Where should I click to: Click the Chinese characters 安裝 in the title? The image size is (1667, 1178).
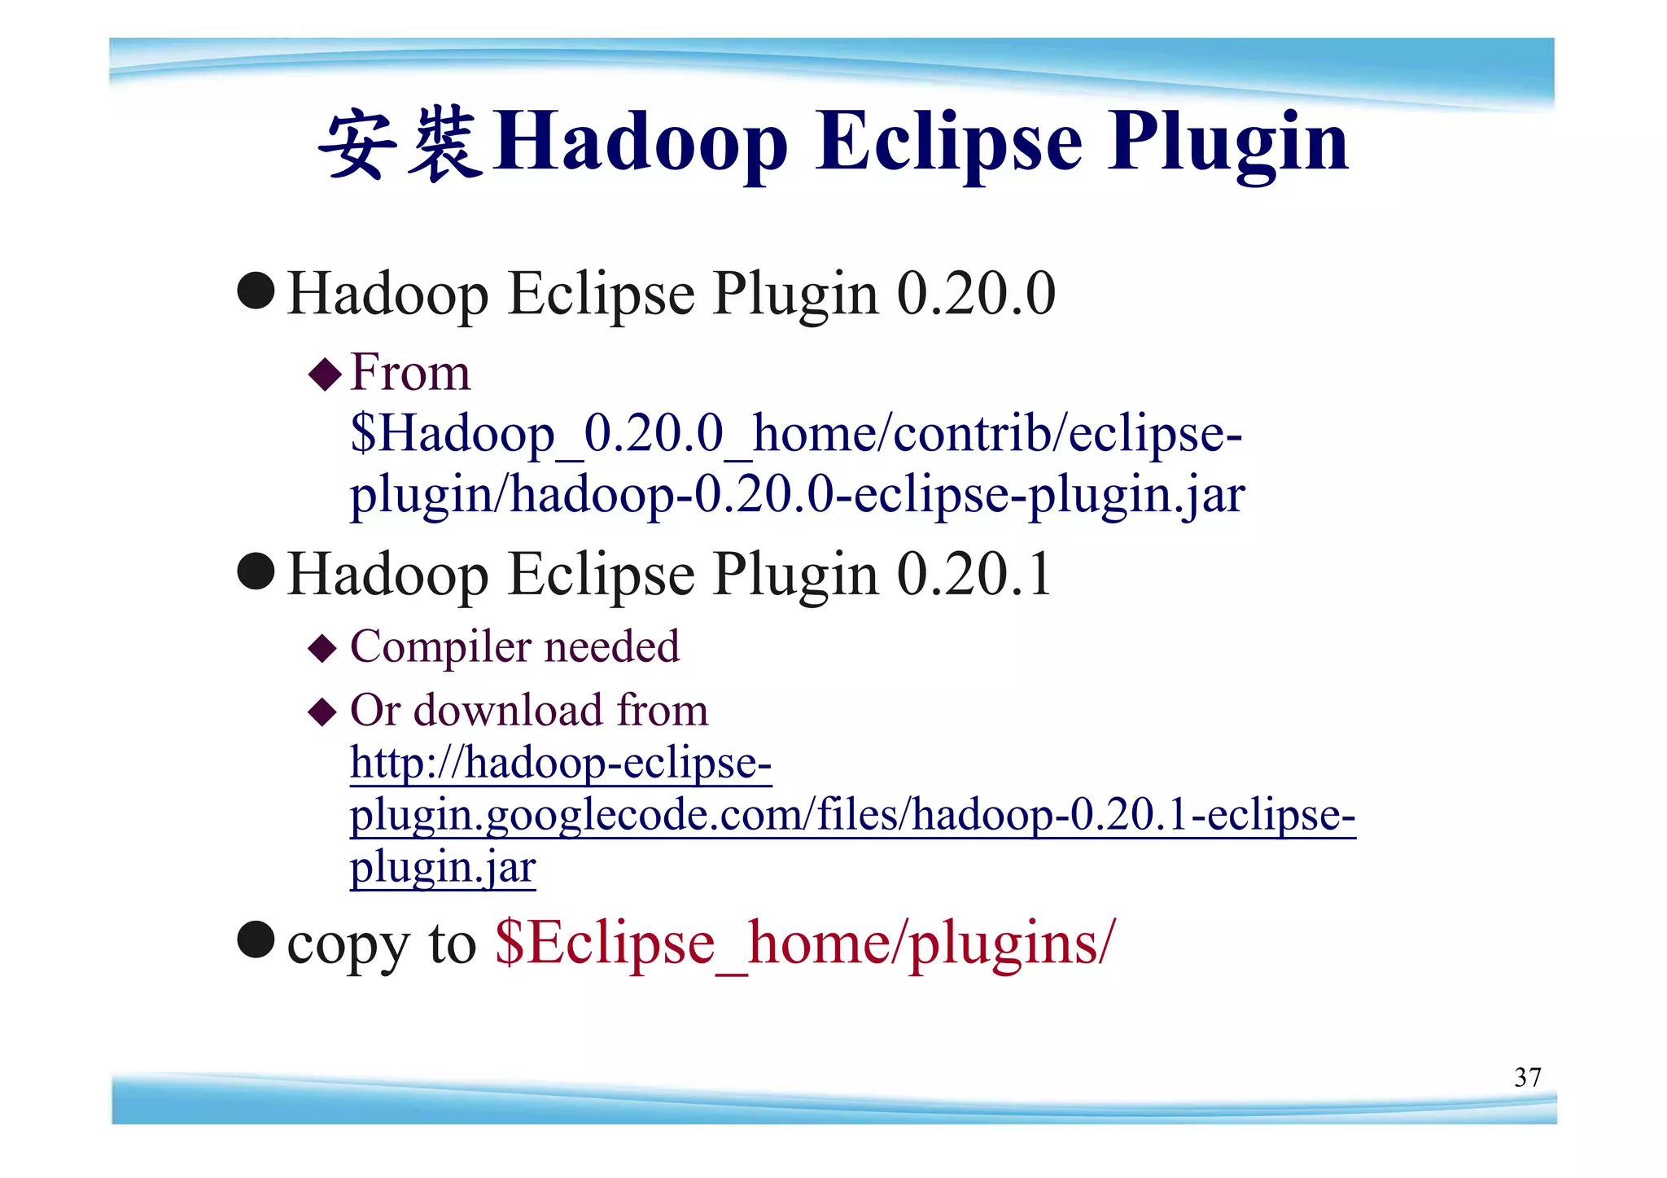400,144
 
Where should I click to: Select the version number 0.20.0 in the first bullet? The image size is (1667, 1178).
976,294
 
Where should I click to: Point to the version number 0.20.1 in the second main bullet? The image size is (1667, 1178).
974,575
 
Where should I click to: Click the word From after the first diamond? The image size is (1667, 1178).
410,374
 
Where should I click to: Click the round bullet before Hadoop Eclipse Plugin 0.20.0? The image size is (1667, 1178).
256,291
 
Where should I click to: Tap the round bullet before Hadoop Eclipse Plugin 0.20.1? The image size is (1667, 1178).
256,571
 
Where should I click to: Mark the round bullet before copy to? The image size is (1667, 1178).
256,940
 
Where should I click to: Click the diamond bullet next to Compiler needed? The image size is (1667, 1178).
323,649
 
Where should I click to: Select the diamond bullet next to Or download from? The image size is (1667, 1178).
323,712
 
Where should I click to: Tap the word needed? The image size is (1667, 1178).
611,647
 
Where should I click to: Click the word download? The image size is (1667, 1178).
509,710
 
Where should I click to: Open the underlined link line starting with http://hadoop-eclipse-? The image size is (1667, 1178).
561,764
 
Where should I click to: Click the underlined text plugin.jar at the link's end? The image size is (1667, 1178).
443,867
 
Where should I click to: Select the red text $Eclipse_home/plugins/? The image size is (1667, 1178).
804,943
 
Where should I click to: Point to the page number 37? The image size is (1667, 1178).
1527,1078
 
